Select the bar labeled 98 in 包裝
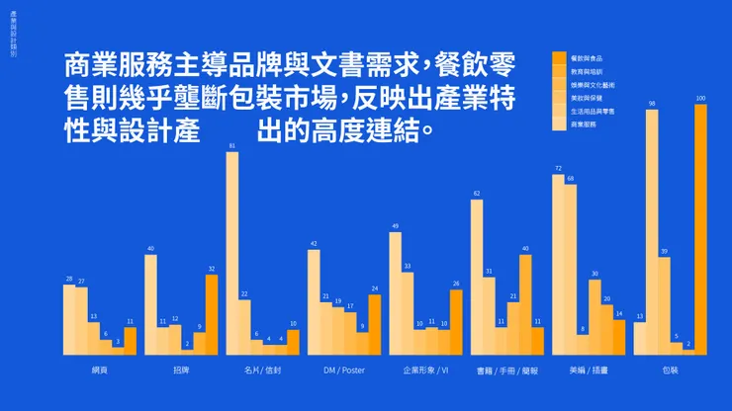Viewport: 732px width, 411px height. pyautogui.click(x=652, y=231)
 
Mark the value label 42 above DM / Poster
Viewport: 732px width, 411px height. pyautogui.click(x=314, y=243)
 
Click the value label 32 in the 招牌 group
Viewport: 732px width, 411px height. pyautogui.click(x=212, y=269)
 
